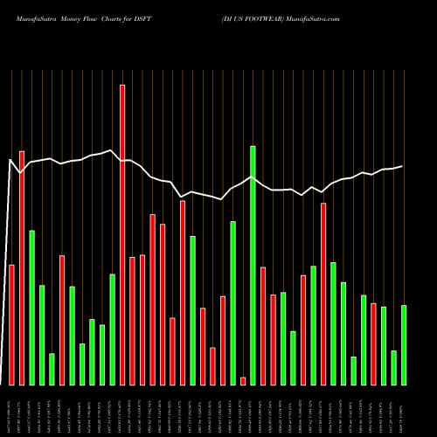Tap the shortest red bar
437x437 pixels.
pyautogui.click(x=243, y=380)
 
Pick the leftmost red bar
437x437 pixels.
pyautogui.click(x=11, y=324)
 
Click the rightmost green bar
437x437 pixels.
pyautogui.click(x=404, y=344)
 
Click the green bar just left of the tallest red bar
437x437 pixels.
pyautogui.click(x=113, y=329)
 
